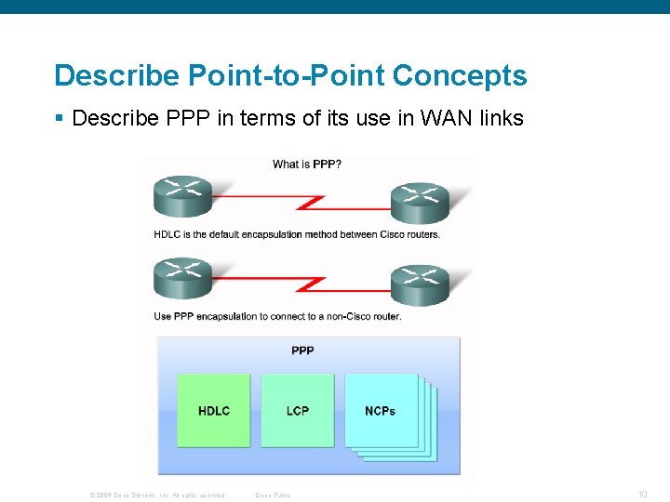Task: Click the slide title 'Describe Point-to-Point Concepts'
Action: point(290,76)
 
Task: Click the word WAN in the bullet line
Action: point(437,119)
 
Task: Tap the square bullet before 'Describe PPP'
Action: point(59,119)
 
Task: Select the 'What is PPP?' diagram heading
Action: point(306,165)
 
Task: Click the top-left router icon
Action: point(182,195)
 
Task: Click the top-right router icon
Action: point(420,202)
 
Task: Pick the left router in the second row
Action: point(182,277)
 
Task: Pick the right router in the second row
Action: point(420,284)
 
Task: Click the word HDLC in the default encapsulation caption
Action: point(167,234)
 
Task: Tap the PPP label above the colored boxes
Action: point(302,350)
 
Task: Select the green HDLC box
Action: point(214,410)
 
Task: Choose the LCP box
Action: point(298,410)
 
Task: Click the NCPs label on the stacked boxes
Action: point(380,410)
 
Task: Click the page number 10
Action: point(643,494)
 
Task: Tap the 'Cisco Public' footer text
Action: point(273,495)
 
